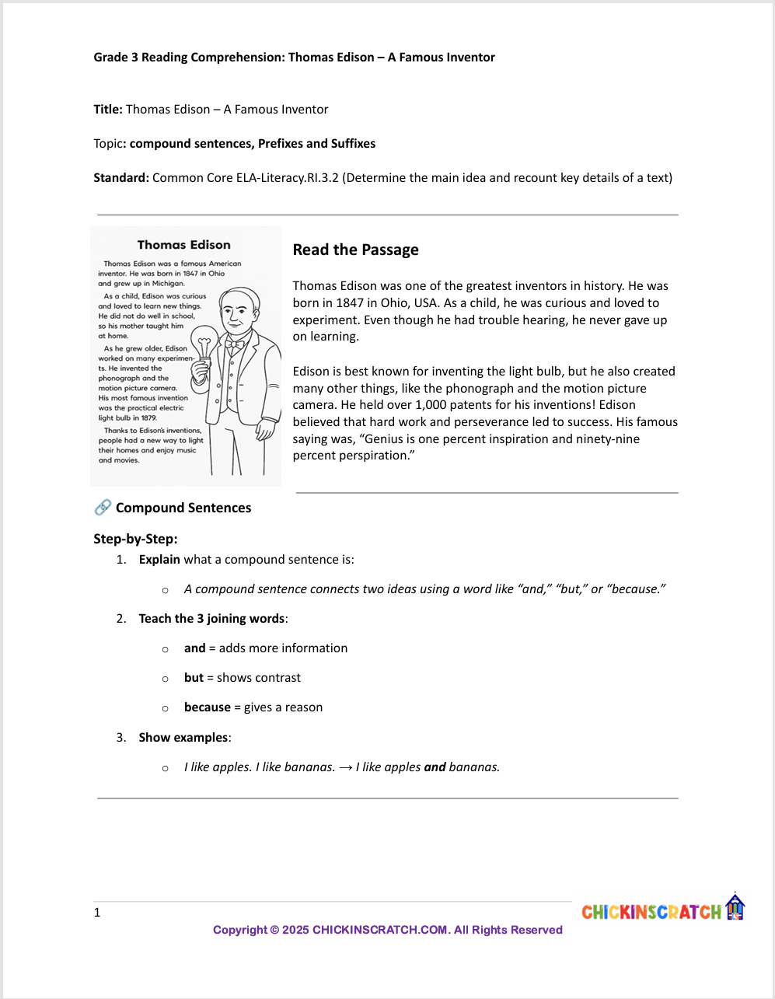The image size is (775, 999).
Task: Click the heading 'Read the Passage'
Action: point(355,250)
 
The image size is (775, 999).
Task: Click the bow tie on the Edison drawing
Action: point(234,343)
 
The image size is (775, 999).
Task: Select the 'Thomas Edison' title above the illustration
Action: point(184,245)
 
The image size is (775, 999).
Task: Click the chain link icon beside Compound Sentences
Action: point(103,508)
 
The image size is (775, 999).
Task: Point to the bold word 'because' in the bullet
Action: point(208,707)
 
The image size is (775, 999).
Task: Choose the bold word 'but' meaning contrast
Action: point(194,678)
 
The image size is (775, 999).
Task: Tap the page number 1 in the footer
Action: point(97,913)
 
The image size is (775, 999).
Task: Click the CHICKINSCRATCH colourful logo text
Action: point(651,912)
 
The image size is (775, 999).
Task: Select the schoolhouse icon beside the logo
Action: point(735,907)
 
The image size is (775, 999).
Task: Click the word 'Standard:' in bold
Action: point(121,178)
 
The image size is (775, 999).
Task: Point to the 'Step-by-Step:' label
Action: point(135,539)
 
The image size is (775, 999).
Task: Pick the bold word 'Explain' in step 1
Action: point(159,560)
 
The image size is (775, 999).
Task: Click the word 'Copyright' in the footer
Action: point(240,930)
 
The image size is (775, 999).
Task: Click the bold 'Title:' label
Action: point(108,110)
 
